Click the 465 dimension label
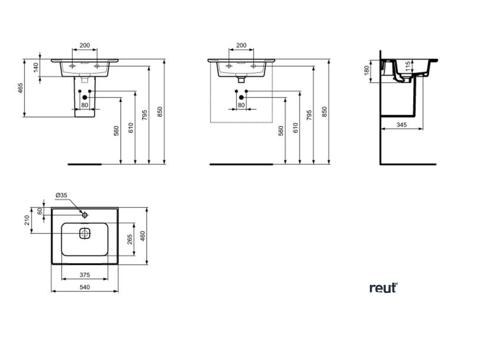21,89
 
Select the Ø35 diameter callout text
61,195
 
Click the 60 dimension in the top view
40,211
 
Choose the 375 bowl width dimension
84,275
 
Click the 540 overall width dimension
84,286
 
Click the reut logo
383,287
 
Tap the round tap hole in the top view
85,215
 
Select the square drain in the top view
85,233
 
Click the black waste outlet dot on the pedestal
85,97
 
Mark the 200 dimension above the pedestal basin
85,45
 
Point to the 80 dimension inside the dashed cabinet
241,105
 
